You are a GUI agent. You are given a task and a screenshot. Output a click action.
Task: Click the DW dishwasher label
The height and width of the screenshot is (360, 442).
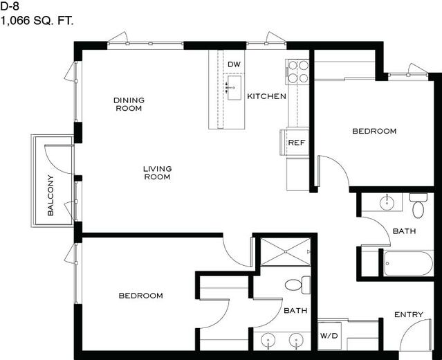click(234, 64)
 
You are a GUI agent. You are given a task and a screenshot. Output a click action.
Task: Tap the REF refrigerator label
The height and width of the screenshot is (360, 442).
click(297, 143)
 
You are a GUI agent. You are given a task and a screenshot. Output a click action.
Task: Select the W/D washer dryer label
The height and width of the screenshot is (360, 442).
click(329, 336)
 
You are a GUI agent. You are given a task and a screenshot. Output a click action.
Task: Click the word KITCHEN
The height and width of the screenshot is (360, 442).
click(266, 96)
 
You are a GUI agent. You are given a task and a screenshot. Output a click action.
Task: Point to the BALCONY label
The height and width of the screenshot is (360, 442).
click(50, 195)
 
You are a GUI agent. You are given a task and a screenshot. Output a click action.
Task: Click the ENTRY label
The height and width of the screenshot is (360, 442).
click(409, 314)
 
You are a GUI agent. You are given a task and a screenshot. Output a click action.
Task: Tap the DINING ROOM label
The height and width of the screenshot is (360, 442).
click(129, 104)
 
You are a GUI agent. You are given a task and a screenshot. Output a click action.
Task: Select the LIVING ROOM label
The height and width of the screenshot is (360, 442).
click(157, 172)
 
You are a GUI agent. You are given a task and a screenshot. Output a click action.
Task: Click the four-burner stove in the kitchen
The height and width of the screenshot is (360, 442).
click(297, 72)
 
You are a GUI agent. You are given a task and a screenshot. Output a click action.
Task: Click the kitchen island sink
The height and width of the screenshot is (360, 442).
click(234, 88)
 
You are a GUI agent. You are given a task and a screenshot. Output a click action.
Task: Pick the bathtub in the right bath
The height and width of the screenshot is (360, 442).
click(408, 264)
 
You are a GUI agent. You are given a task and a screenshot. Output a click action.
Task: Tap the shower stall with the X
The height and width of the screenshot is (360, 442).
click(286, 252)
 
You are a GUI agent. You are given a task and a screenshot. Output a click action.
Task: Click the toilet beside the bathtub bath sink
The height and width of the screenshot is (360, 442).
click(418, 206)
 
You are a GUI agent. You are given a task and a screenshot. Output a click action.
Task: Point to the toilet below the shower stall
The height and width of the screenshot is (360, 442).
click(297, 285)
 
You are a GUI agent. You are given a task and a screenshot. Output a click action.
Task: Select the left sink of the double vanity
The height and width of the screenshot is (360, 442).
click(268, 340)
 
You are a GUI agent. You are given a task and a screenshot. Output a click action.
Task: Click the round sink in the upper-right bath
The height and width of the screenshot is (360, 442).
click(387, 202)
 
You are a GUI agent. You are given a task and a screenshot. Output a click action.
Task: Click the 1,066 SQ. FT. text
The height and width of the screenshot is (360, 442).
click(37, 21)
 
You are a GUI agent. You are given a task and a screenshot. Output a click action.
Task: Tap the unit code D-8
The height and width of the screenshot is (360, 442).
click(10, 6)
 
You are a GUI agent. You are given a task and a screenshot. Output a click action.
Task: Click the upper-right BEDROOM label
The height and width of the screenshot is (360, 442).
click(374, 131)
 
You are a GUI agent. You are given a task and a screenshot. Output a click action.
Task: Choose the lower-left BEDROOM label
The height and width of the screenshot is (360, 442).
click(140, 296)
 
